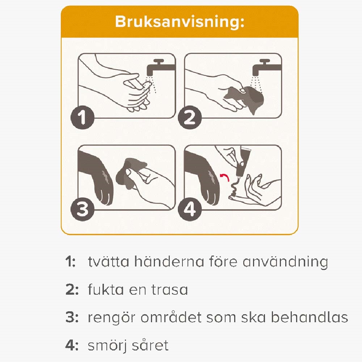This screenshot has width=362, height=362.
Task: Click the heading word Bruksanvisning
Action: click(x=180, y=22)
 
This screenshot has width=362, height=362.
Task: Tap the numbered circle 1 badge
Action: click(x=83, y=117)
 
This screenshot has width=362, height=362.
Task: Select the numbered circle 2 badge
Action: click(x=190, y=117)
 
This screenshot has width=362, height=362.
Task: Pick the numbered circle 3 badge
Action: click(x=83, y=209)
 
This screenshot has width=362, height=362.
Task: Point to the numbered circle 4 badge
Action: click(x=190, y=209)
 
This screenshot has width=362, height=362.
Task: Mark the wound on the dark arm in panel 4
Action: click(x=211, y=177)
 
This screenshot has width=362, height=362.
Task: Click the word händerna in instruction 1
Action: click(x=169, y=262)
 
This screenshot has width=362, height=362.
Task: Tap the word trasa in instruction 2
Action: click(x=170, y=290)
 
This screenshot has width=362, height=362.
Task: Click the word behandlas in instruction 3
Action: click(x=310, y=317)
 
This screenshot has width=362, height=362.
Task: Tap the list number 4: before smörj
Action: click(x=72, y=345)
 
